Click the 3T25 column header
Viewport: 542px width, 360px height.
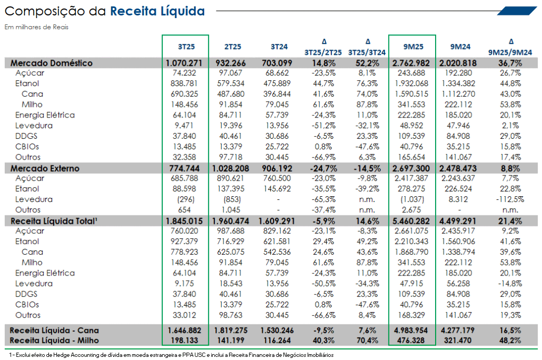coord(186,47)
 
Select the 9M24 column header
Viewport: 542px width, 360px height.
coord(460,47)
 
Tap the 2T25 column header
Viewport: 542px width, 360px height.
coord(232,47)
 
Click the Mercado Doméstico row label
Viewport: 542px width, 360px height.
coord(52,63)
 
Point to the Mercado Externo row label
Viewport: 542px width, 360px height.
coord(45,168)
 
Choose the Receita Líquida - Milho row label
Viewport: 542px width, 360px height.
coord(54,340)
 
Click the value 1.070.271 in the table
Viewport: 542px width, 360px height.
coord(184,63)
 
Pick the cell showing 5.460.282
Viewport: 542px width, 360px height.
coord(411,221)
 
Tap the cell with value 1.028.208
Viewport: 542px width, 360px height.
coord(230,168)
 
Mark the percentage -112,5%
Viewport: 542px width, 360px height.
coord(510,199)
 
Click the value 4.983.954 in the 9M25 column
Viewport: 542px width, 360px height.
coord(411,330)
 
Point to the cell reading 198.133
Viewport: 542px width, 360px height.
coord(185,340)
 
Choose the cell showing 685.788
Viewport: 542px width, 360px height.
coord(184,178)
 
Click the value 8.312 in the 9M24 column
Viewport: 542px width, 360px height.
coord(458,199)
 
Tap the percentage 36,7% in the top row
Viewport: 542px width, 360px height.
coord(510,63)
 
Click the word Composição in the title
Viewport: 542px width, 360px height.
coord(45,12)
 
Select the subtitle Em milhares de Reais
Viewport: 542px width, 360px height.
coord(36,27)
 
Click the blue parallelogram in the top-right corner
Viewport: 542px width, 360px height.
coord(518,11)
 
